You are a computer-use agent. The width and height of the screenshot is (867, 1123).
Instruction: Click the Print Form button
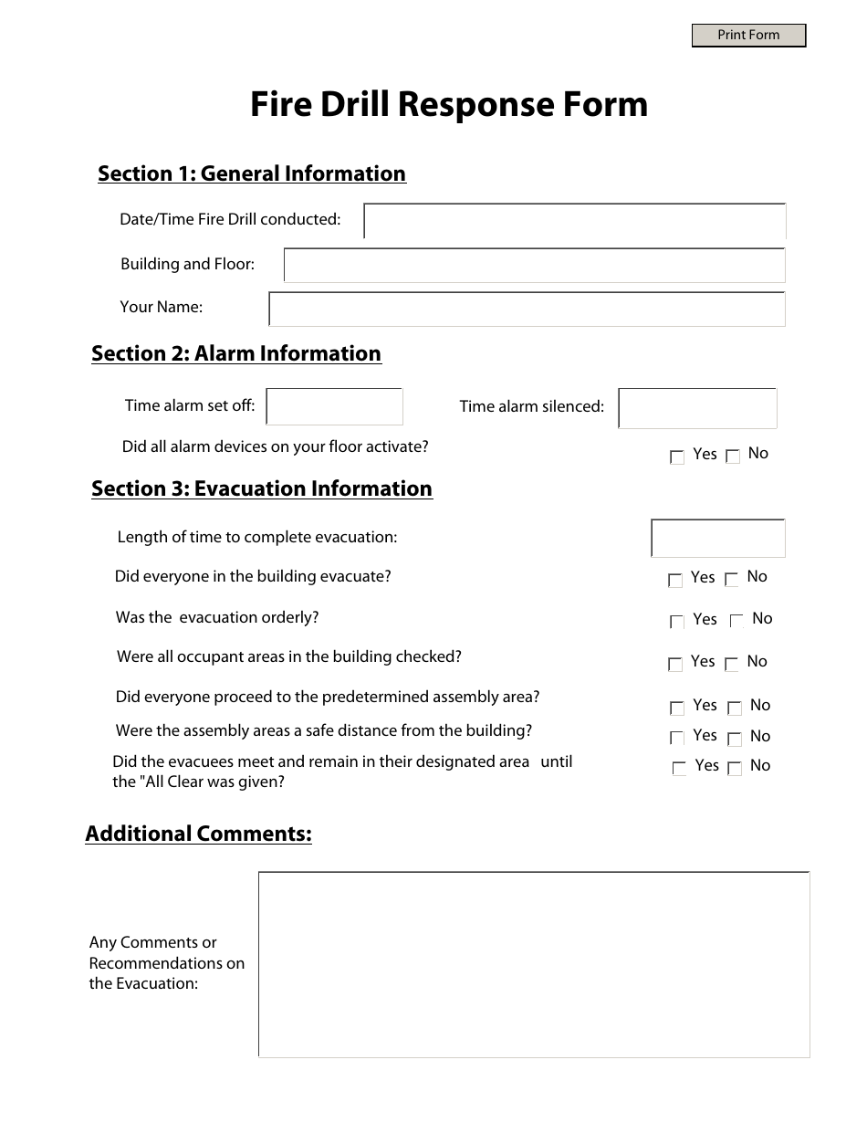748,36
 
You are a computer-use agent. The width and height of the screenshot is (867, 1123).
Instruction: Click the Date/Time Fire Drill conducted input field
575,221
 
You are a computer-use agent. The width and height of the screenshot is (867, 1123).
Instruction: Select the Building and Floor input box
534,265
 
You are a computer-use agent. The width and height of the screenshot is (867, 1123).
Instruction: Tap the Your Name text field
527,309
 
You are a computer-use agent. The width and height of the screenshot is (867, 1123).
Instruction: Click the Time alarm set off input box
334,406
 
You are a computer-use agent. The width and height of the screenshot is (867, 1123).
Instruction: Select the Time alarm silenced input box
697,408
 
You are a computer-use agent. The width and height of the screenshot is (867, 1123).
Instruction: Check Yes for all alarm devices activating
677,457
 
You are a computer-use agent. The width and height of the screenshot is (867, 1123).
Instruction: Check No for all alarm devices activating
733,457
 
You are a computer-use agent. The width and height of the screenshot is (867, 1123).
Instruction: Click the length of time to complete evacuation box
717,538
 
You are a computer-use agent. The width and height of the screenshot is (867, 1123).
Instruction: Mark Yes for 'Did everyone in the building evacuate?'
675,580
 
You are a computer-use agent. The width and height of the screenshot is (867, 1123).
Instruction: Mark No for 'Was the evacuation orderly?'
737,622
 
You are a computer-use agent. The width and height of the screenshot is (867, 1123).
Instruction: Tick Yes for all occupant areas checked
675,665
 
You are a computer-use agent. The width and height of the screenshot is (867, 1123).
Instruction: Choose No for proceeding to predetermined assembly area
735,708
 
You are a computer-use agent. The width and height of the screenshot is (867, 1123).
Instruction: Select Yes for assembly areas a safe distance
677,738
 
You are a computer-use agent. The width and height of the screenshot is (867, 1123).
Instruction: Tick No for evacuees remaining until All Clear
735,769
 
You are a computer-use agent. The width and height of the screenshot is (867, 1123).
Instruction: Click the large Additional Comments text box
534,964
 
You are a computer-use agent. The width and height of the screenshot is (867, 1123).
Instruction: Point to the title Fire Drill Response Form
449,104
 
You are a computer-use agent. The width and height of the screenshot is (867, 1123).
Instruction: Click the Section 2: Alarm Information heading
236,353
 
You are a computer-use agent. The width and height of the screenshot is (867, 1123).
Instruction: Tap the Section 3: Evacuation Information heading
262,488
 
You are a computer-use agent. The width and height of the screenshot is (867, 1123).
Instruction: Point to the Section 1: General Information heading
252,173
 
